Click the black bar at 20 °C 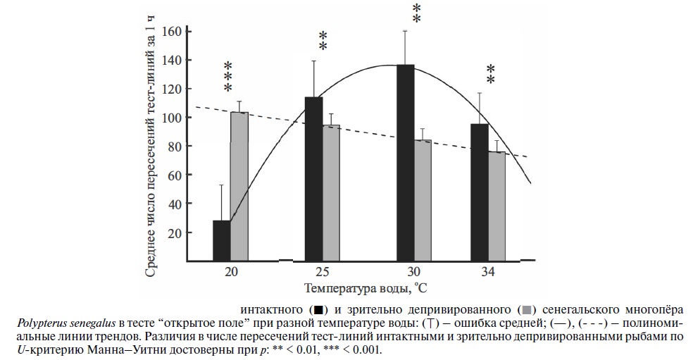(x=221, y=240)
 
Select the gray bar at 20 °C (x=239, y=186)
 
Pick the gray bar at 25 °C (x=331, y=192)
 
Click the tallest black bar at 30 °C (x=405, y=163)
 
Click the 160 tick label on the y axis (x=172, y=32)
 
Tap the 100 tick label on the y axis (x=172, y=118)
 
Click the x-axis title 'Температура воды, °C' (x=366, y=288)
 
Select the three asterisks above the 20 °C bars (x=228, y=77)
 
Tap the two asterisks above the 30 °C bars (x=416, y=13)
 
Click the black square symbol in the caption (x=318, y=309)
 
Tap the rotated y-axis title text (x=151, y=148)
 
